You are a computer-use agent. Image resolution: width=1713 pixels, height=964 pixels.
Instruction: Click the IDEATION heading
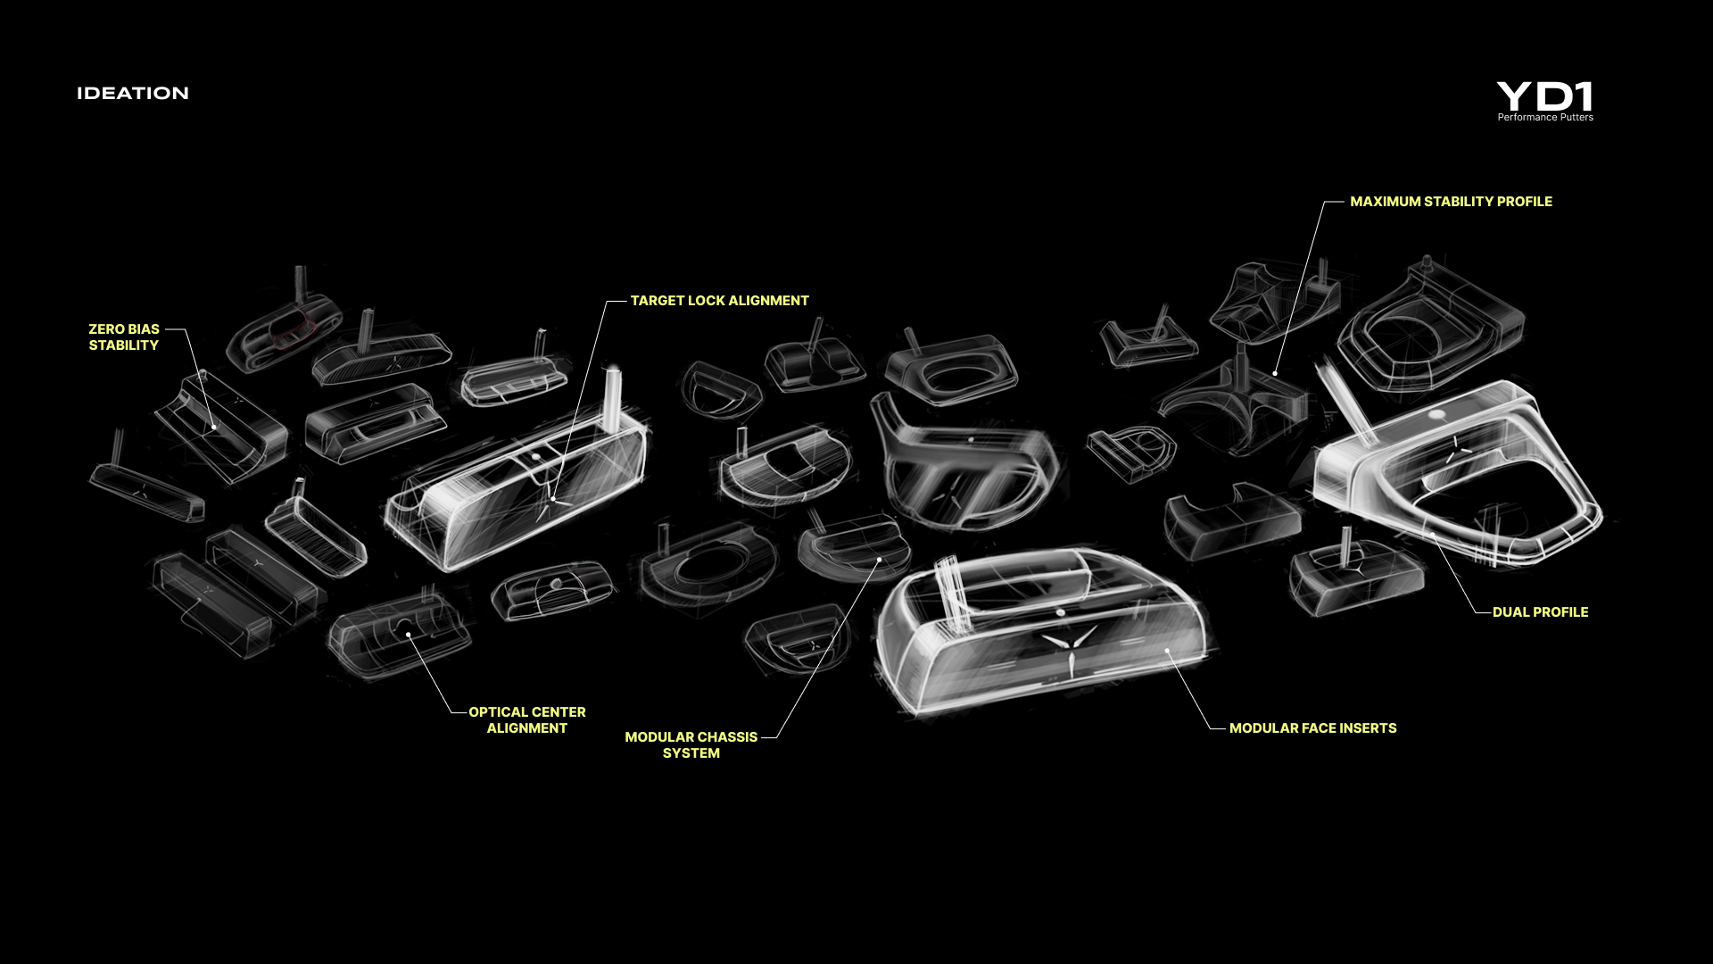coord(133,93)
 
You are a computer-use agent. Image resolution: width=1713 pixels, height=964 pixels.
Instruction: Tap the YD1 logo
coord(1545,96)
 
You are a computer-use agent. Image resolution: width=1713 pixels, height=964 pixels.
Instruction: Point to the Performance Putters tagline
coord(1545,117)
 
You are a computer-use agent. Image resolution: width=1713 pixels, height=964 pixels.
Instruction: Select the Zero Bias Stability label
coord(124,337)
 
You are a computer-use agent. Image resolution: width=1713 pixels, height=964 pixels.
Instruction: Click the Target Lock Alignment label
coord(719,301)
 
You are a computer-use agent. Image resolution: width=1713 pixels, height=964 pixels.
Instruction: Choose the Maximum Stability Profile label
coord(1451,202)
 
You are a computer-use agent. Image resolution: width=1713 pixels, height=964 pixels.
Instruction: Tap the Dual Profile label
coord(1540,612)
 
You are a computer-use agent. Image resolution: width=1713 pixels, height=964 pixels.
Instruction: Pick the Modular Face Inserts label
coord(1312,728)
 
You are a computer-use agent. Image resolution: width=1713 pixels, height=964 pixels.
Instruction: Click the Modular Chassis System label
coord(691,744)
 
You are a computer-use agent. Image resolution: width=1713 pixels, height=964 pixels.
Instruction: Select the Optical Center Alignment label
coord(527,719)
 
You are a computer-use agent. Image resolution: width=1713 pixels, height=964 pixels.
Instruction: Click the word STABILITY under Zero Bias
coord(124,345)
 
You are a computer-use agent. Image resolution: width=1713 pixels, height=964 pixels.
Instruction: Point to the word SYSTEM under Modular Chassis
coord(691,753)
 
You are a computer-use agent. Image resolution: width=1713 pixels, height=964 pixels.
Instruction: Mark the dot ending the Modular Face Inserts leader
coord(1168,651)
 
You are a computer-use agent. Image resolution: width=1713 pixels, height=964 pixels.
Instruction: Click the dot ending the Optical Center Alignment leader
coord(409,635)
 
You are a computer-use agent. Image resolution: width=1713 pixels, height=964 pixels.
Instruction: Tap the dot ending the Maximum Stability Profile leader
coord(1276,373)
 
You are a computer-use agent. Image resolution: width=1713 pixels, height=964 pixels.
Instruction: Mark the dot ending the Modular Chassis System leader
coord(879,560)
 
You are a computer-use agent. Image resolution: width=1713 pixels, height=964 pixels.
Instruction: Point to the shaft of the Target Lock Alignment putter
coord(614,393)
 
